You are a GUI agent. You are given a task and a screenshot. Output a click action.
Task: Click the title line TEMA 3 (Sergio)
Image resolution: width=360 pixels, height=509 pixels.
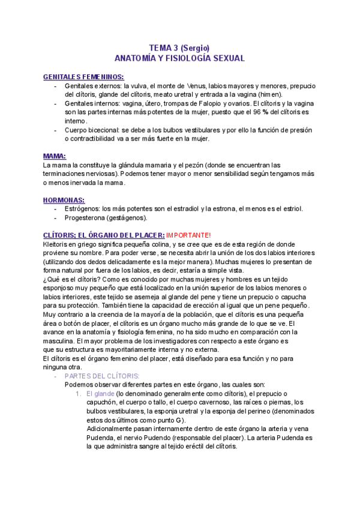[179, 48]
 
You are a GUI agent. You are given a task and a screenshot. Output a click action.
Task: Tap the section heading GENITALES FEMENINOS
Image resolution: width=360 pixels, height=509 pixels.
[83, 77]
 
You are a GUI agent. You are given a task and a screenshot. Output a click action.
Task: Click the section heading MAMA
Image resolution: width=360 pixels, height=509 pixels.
[55, 155]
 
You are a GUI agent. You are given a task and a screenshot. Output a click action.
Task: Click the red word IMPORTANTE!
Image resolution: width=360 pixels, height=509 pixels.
[188, 235]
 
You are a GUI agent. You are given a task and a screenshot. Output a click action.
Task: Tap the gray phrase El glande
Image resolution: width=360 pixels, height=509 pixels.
[101, 393]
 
